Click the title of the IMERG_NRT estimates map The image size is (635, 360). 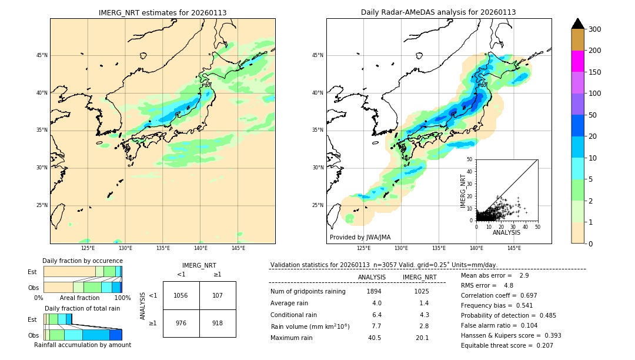[x=162, y=13]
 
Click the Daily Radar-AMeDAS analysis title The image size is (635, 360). [x=438, y=13]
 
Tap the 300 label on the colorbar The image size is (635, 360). [x=595, y=29]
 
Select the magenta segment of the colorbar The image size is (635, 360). [x=577, y=61]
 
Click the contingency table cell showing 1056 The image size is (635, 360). [x=181, y=295]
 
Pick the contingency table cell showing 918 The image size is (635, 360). [x=218, y=324]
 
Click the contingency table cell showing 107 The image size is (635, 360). [x=218, y=295]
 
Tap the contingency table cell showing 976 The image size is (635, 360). [x=181, y=324]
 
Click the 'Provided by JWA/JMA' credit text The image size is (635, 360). [x=360, y=238]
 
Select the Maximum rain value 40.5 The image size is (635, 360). [x=375, y=338]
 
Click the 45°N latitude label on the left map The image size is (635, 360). [x=42, y=55]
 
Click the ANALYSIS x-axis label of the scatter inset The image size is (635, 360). [x=506, y=233]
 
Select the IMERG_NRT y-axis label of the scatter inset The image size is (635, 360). [x=463, y=190]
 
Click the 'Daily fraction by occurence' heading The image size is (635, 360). [x=82, y=261]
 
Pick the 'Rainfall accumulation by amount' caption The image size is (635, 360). [x=82, y=345]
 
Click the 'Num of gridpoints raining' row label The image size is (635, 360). [x=308, y=292]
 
